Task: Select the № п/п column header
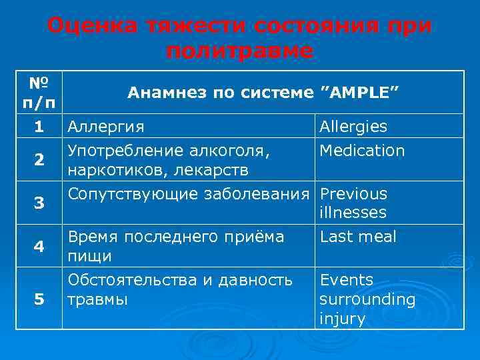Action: (39, 94)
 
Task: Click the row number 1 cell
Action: (39, 126)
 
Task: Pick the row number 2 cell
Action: (39, 160)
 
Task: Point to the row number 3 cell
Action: (39, 203)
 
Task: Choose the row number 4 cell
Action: (39, 246)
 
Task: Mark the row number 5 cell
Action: (39, 299)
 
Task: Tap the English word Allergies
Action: (353, 127)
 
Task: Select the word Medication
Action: (362, 151)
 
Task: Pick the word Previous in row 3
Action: (353, 194)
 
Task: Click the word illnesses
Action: (353, 213)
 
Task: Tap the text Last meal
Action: (358, 237)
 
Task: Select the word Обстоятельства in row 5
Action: (133, 280)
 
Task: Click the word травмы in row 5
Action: (96, 299)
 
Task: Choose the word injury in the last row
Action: (343, 319)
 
